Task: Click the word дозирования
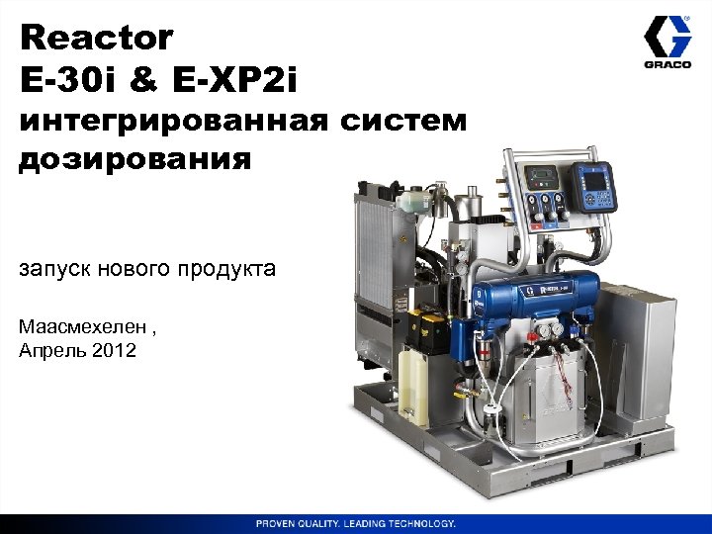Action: point(134,159)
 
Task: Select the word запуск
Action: point(58,269)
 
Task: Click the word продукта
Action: point(228,269)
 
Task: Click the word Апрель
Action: point(51,351)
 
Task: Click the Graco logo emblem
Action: point(667,43)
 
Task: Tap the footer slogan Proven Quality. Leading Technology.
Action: point(356,522)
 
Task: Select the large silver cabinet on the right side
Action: point(636,341)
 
